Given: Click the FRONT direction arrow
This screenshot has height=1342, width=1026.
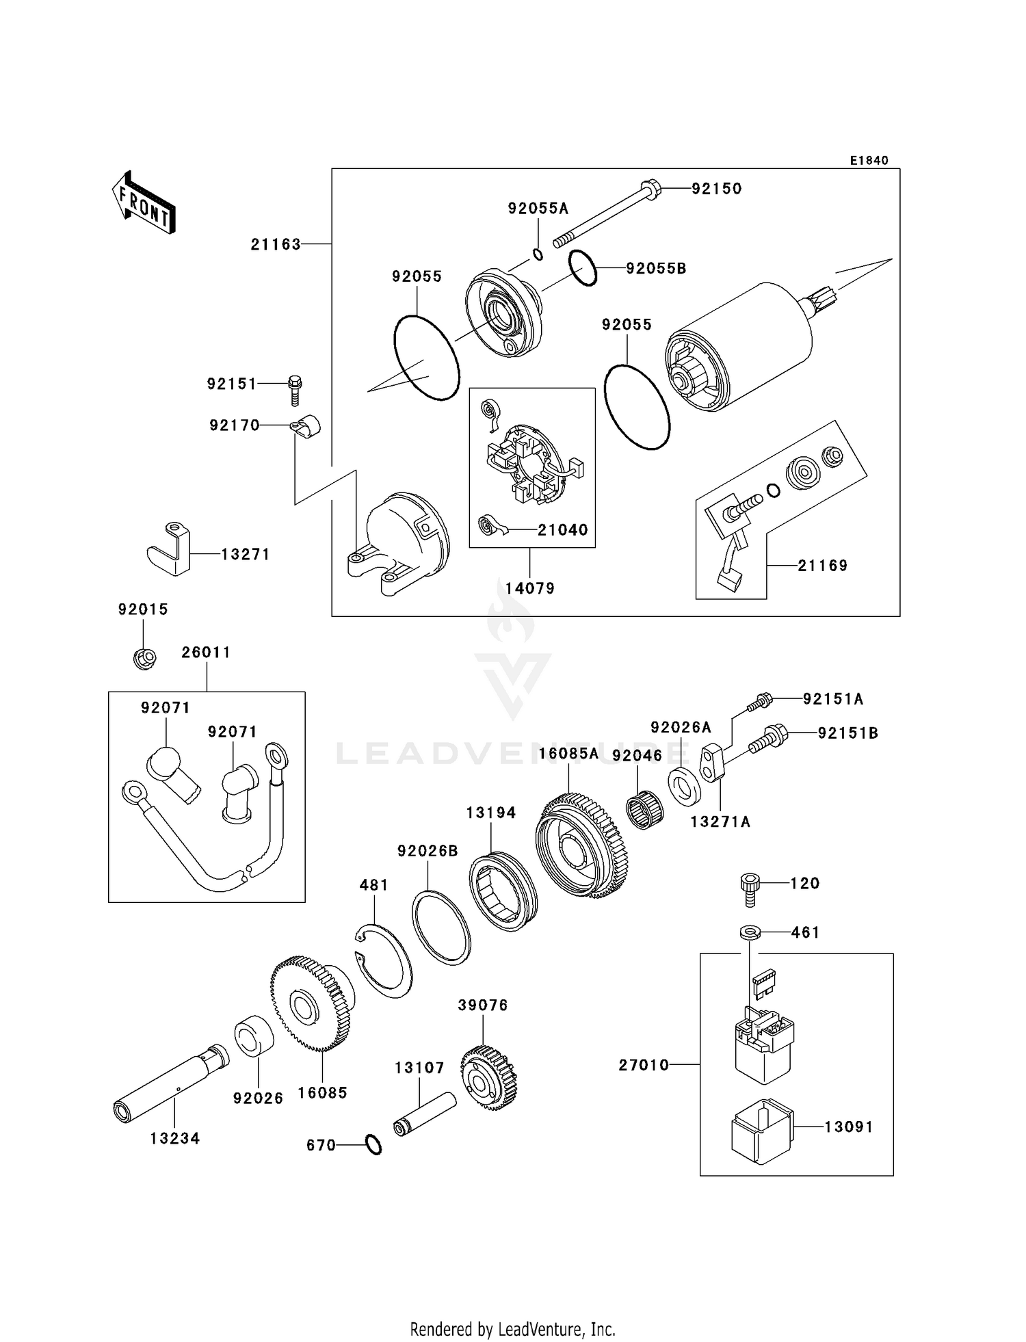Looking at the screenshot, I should point(144,204).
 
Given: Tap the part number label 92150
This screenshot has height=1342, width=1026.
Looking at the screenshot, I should point(716,189).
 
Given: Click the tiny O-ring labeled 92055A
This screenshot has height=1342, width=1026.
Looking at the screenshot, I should point(538,254).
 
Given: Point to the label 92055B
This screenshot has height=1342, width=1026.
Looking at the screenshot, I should point(656,269).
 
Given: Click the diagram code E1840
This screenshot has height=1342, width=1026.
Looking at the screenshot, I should point(869,161).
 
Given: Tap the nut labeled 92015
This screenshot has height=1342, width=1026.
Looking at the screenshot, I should point(144,658).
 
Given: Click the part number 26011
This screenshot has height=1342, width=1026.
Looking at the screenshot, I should point(206,653).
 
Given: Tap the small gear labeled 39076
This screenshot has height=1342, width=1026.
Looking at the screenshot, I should point(488,1078).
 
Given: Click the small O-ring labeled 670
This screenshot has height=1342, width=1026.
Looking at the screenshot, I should point(373,1145).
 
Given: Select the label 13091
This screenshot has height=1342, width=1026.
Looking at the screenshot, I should point(848,1127).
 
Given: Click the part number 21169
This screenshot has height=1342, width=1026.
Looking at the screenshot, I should point(822,566).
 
